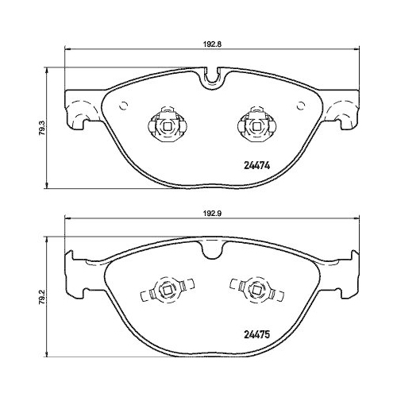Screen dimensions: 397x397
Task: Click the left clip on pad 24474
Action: click(166, 122)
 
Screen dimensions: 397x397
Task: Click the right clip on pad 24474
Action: click(255, 122)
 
